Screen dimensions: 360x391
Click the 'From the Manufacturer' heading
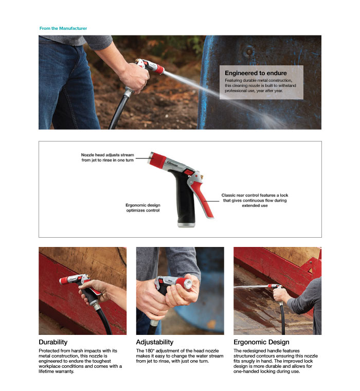(63, 28)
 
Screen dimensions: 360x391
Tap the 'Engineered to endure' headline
(256, 73)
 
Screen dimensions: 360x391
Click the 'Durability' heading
(53, 342)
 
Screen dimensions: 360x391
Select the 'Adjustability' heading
(155, 342)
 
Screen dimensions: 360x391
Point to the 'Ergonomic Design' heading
(261, 342)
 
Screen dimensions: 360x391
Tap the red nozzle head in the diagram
(157, 159)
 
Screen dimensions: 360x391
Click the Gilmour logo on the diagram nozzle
(172, 164)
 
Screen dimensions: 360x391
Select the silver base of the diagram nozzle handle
(186, 225)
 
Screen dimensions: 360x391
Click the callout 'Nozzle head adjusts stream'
(107, 155)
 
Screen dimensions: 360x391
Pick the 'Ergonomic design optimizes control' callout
(143, 208)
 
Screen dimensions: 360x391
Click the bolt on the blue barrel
(249, 51)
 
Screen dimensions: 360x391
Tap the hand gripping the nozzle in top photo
(134, 78)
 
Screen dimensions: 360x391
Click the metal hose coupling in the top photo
(128, 92)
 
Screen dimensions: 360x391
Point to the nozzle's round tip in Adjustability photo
(188, 284)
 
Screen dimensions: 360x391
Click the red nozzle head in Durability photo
(64, 280)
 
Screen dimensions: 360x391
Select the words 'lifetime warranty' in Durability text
(56, 371)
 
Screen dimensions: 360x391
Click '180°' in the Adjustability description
(149, 350)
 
